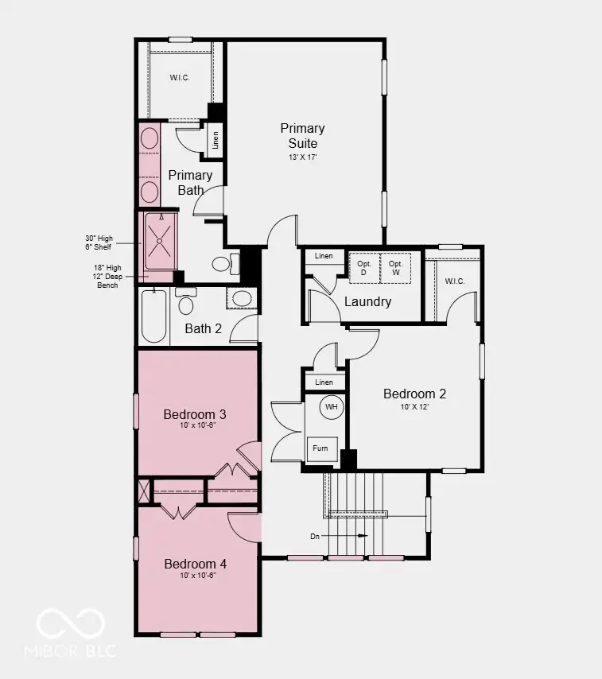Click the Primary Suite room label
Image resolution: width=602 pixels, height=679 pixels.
(x=302, y=136)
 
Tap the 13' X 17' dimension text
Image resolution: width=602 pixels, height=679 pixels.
(x=302, y=157)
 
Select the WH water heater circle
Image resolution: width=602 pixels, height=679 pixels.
(x=332, y=407)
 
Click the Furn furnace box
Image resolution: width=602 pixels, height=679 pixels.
(x=321, y=448)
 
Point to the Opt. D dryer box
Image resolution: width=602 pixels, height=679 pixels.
(x=364, y=268)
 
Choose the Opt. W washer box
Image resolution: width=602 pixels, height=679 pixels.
(x=395, y=268)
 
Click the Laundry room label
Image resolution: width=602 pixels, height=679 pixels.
(x=367, y=302)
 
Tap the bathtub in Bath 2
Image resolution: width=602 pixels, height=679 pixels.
(x=154, y=316)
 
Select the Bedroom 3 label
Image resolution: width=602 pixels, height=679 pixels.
(x=195, y=414)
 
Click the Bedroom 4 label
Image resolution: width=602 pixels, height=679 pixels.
(x=195, y=564)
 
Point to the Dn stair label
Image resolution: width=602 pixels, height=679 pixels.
(x=315, y=536)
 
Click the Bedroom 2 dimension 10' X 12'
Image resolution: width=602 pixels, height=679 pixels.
(x=414, y=406)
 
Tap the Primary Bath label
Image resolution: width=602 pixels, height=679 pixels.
(x=190, y=182)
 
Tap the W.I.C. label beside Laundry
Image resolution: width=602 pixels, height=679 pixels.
(x=454, y=281)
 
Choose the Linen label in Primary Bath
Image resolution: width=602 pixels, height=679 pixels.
(x=216, y=140)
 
